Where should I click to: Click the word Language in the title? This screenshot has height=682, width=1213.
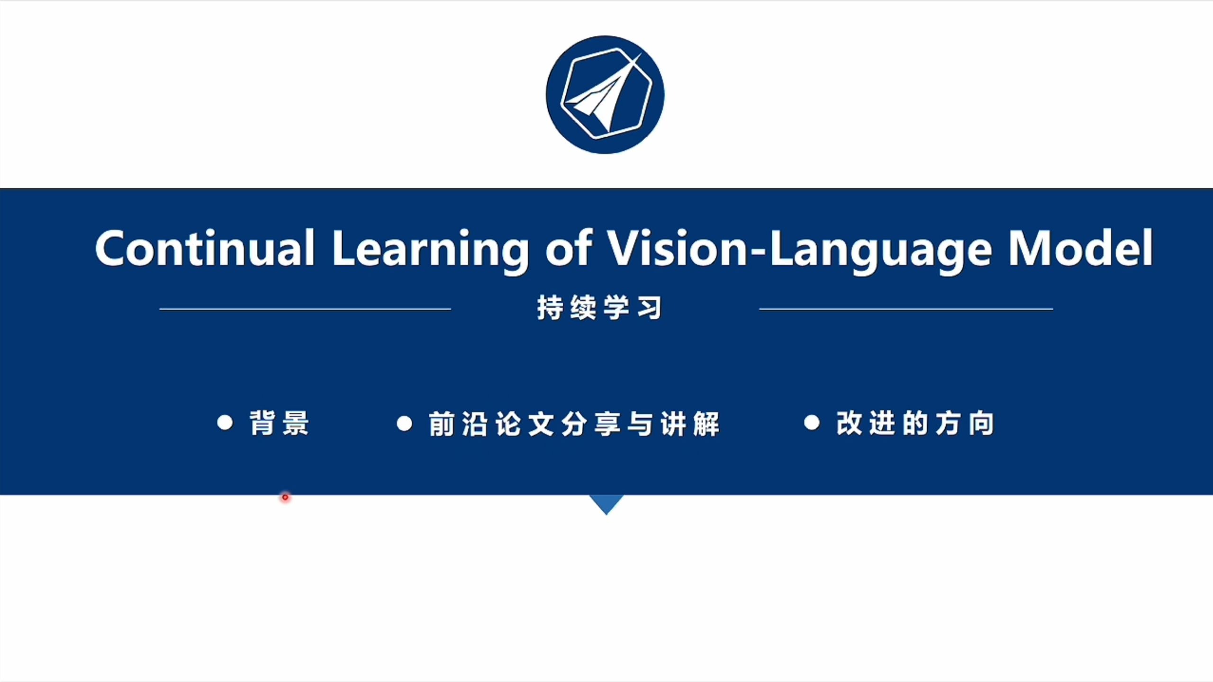(x=881, y=251)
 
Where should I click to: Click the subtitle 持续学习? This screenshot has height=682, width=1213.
(x=600, y=308)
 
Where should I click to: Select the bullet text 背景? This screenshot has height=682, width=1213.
(x=280, y=423)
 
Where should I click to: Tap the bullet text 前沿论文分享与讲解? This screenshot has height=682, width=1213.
(x=574, y=423)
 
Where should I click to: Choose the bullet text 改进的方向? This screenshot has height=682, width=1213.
(x=915, y=423)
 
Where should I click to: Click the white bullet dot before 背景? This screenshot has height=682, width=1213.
(x=225, y=422)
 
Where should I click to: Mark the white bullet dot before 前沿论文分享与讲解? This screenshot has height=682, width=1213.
(x=404, y=423)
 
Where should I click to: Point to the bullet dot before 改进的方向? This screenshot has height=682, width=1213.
(x=812, y=422)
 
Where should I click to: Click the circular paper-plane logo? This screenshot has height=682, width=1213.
(x=605, y=95)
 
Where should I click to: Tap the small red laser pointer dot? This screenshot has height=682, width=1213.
(x=285, y=497)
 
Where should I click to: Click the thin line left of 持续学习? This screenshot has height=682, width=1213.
(x=305, y=309)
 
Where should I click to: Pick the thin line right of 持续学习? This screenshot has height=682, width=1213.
(x=906, y=309)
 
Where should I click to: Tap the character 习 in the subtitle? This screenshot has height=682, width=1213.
(x=650, y=308)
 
